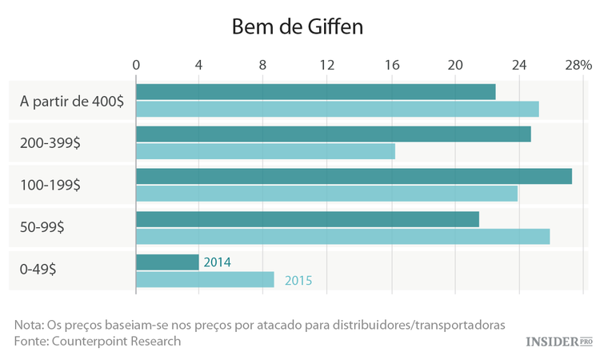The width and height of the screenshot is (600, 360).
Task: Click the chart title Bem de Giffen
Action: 298,26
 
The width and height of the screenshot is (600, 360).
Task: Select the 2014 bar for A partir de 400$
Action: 315,91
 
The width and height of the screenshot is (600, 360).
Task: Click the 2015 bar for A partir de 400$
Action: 337,109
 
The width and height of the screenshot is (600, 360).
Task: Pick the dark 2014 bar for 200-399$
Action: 333,134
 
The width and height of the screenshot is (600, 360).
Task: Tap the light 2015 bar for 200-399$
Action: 265,151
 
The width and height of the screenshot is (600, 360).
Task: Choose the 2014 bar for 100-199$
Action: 354,176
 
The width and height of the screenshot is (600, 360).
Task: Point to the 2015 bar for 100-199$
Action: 326,194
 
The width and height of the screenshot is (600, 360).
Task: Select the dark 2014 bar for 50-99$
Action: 307,218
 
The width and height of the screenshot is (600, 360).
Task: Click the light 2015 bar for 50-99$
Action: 342,236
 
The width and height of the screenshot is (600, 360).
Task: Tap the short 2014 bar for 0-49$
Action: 167,262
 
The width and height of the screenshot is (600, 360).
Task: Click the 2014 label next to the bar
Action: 218,262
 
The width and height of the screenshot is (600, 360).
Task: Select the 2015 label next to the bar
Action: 298,280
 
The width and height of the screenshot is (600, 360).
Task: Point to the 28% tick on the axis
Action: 578,65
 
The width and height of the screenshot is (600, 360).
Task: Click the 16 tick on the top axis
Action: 391,65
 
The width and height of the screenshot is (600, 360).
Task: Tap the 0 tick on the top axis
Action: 136,65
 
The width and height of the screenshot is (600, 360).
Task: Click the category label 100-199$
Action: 50,185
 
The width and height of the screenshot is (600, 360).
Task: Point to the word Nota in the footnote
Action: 29,325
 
